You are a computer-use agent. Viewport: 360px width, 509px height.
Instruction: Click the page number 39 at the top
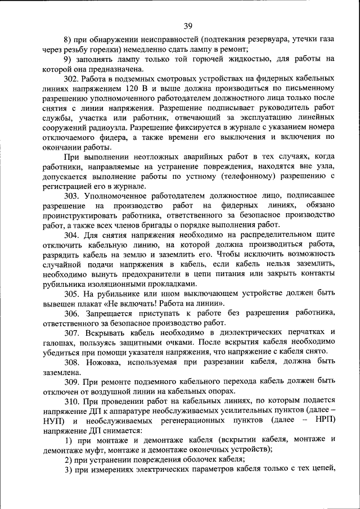coord(187,25)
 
